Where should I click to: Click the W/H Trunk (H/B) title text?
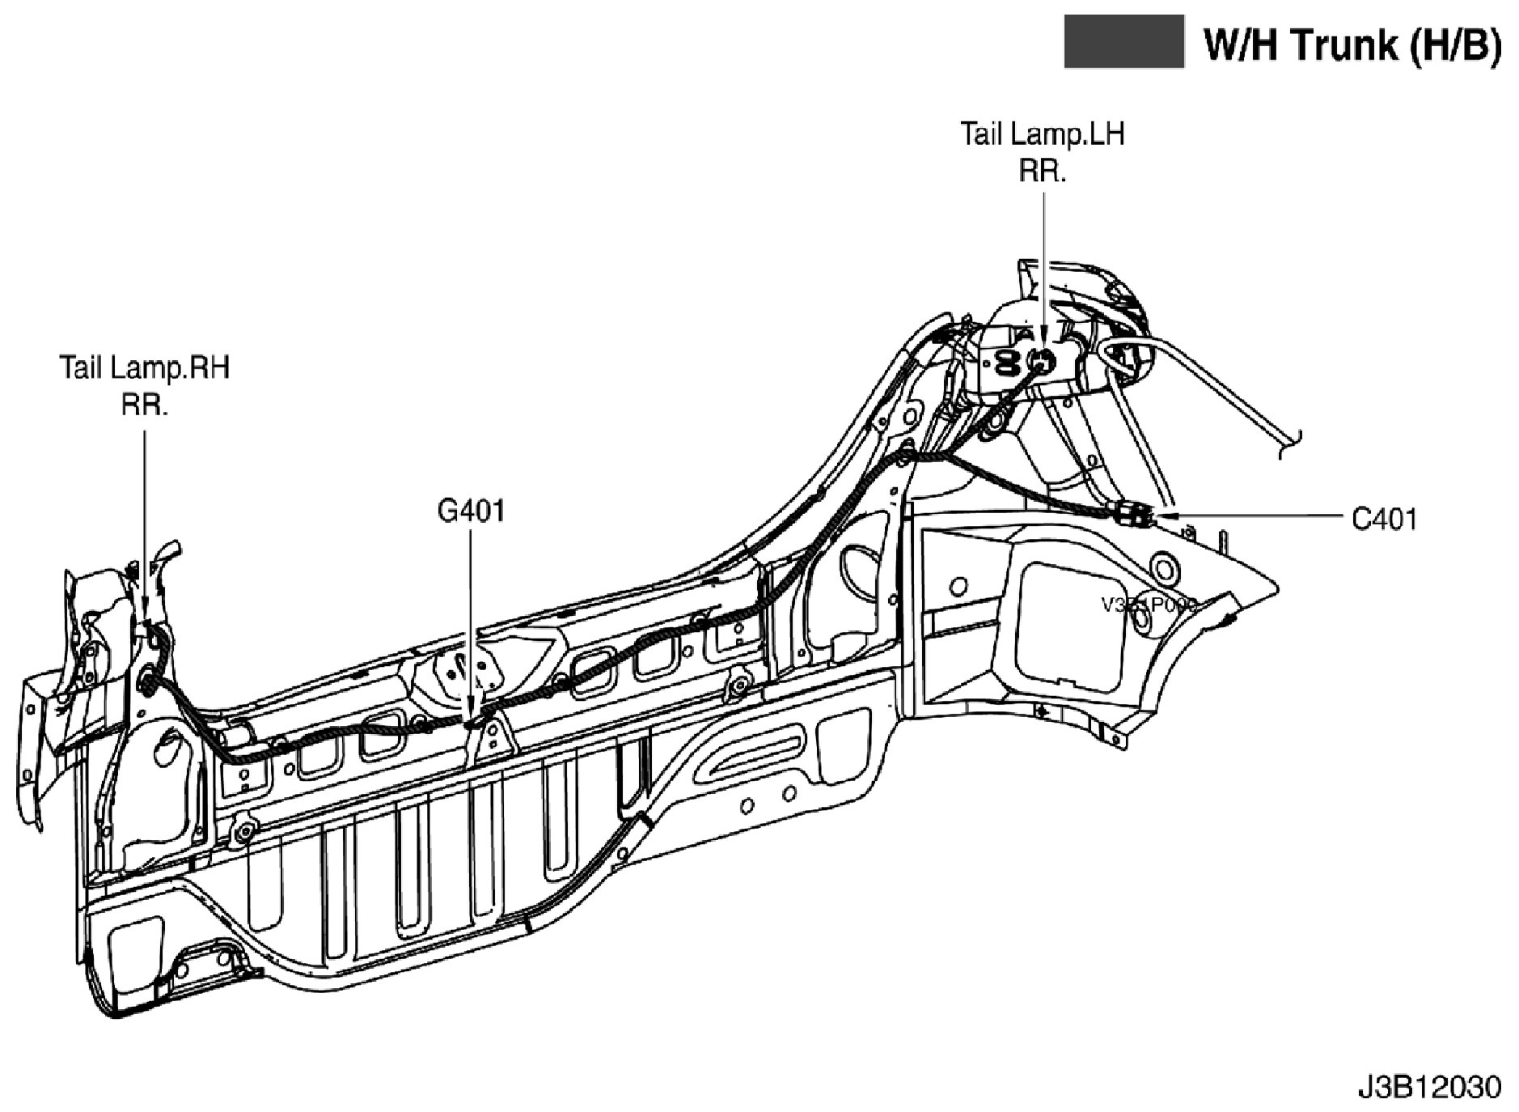[x=1352, y=45]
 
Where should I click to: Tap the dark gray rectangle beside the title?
[x=1123, y=41]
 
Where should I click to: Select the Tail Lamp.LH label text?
[x=1042, y=134]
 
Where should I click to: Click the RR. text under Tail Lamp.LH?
[x=1042, y=171]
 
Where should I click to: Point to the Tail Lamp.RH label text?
[x=145, y=367]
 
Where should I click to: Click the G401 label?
[x=471, y=511]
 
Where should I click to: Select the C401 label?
[x=1385, y=519]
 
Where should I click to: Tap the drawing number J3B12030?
[x=1428, y=1087]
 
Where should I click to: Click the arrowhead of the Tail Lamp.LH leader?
[x=1043, y=343]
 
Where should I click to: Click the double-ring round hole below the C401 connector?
[x=1163, y=565]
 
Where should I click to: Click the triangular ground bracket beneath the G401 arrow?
[x=489, y=738]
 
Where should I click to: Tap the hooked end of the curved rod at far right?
[x=1293, y=442]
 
